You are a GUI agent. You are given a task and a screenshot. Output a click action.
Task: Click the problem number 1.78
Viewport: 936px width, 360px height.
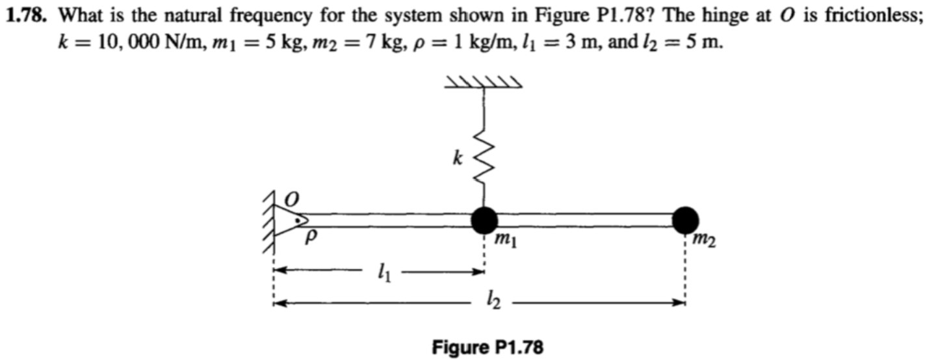[27, 18]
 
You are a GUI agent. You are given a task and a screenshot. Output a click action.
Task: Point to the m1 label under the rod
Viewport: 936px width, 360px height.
[505, 242]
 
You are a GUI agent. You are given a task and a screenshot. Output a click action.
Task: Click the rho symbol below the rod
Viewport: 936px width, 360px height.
[311, 238]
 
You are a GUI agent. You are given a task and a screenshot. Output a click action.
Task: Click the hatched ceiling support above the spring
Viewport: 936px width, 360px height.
[483, 82]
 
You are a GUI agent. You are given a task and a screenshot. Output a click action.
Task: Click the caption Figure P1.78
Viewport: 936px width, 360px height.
[487, 347]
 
